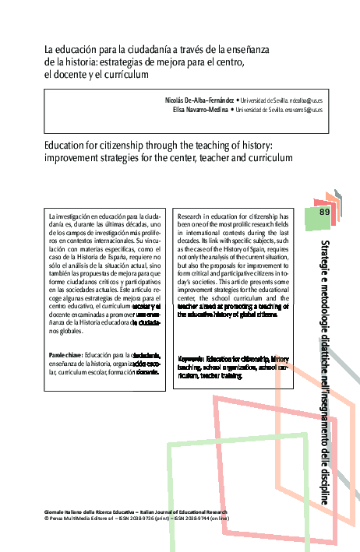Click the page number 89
point(325,212)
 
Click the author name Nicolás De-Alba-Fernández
point(199,101)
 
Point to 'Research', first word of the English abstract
point(192,214)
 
